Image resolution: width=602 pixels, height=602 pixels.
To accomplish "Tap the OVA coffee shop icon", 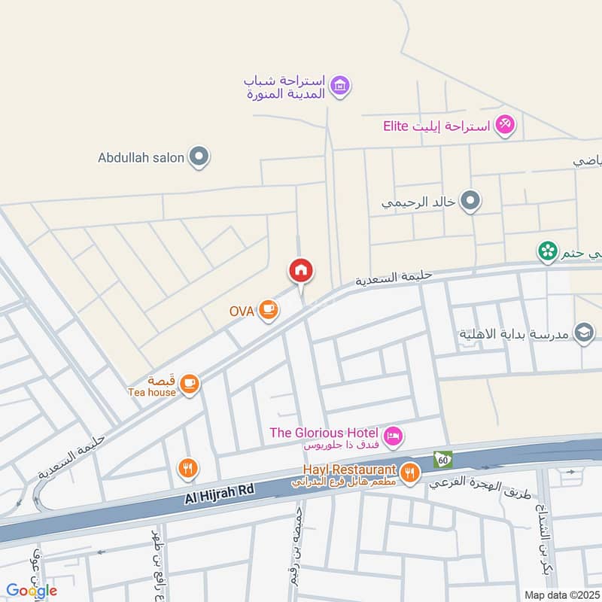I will (268, 309).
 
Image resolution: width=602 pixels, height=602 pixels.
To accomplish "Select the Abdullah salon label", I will (141, 158).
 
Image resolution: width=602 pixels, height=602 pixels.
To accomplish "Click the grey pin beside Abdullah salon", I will (199, 157).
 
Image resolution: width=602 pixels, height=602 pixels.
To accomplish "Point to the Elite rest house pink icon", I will (505, 125).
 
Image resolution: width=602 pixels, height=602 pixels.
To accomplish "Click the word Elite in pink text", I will (395, 126).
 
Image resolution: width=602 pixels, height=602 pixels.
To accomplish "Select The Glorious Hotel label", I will (325, 433).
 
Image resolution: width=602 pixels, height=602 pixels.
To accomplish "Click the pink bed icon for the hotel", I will (393, 435).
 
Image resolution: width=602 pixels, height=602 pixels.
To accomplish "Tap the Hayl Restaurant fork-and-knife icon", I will (409, 472).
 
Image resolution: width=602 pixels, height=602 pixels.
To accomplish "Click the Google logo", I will (32, 590).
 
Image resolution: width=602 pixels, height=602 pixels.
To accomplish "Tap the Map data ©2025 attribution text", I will (563, 593).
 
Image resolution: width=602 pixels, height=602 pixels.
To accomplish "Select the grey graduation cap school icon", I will (584, 332).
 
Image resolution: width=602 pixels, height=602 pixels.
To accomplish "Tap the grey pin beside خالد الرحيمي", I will (470, 201).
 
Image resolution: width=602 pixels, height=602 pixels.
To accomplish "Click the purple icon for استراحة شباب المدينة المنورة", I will (341, 86).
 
